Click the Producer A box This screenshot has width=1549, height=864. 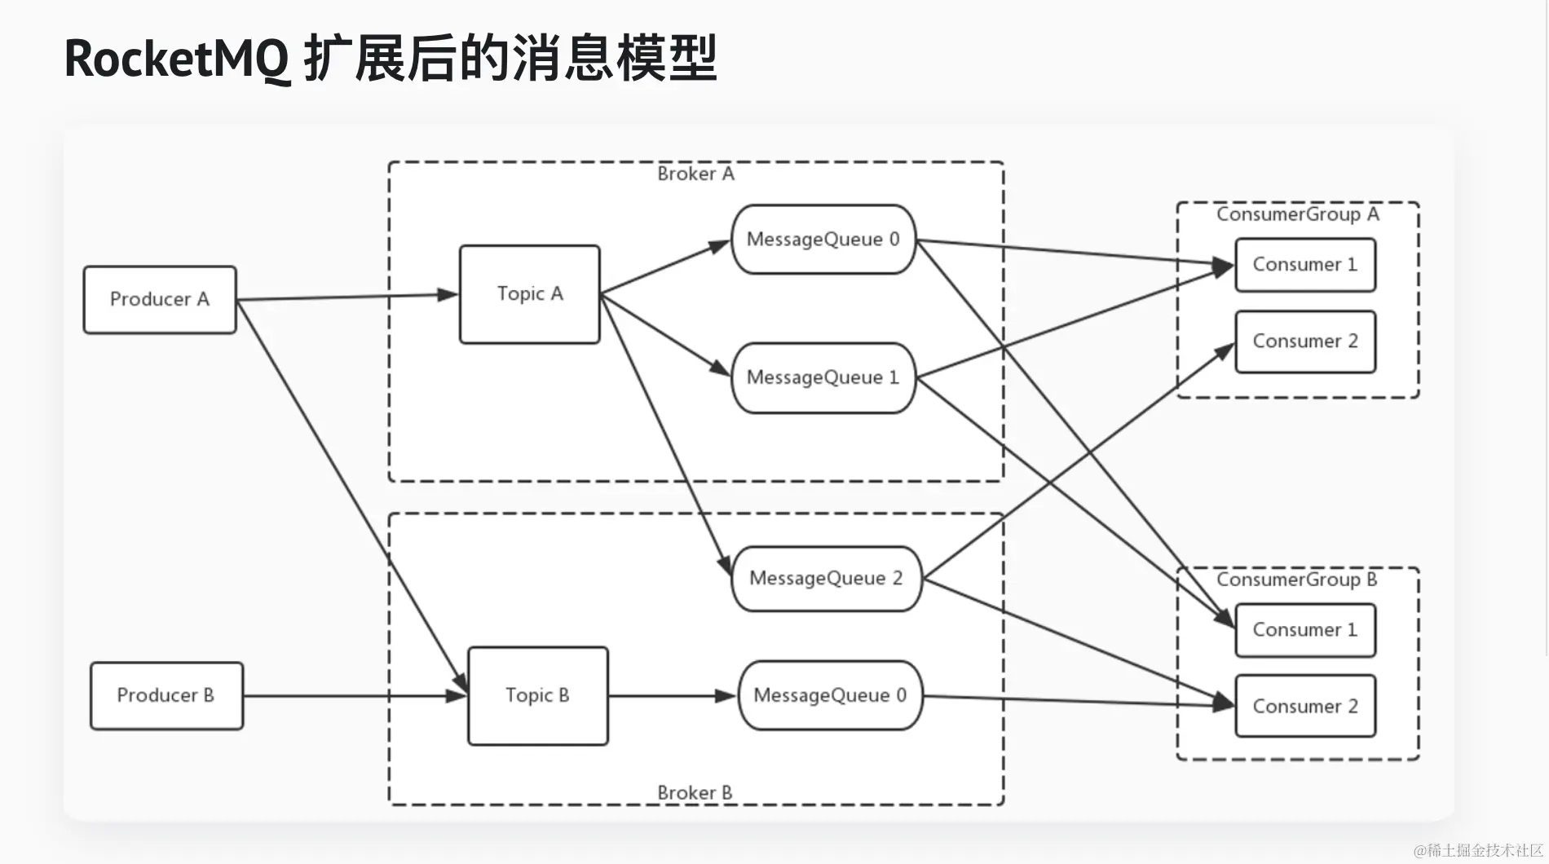click(x=160, y=300)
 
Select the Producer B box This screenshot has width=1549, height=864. click(x=166, y=695)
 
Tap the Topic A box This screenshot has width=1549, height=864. click(x=529, y=294)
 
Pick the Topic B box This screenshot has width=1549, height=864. click(x=537, y=695)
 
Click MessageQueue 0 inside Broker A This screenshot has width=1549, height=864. click(x=823, y=240)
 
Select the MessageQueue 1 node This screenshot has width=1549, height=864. click(x=823, y=377)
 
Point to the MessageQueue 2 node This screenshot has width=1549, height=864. click(x=826, y=578)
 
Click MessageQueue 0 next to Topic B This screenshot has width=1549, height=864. click(x=830, y=695)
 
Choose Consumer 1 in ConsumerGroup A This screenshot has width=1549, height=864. click(x=1304, y=265)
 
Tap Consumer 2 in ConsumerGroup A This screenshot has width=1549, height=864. click(x=1304, y=342)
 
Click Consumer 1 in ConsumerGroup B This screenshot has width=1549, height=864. click(x=1304, y=630)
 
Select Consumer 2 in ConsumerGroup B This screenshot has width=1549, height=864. click(x=1304, y=706)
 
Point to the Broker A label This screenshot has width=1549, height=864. click(x=695, y=174)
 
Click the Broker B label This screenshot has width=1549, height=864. click(x=695, y=792)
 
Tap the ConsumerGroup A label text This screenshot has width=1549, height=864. click(x=1297, y=214)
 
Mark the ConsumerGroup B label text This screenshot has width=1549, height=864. click(x=1296, y=580)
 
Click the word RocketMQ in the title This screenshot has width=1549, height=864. click(x=176, y=59)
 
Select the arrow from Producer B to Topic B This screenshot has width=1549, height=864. click(x=351, y=696)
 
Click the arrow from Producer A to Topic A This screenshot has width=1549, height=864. click(x=342, y=297)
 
